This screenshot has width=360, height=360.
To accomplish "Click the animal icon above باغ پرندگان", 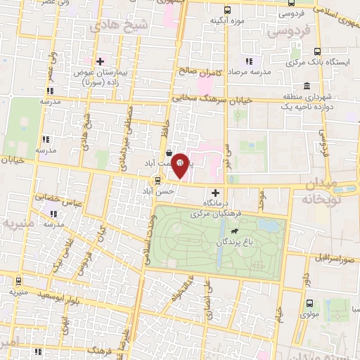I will (233, 229).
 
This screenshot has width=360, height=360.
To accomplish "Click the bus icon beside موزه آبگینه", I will (226, 10).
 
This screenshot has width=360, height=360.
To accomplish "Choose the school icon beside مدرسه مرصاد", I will (250, 62).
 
